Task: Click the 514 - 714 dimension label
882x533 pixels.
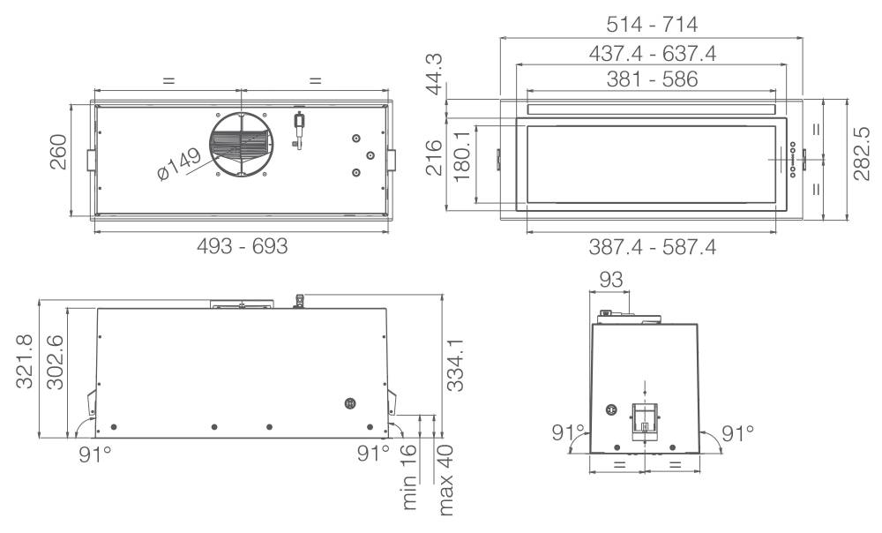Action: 652,24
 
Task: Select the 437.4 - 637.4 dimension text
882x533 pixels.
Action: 652,54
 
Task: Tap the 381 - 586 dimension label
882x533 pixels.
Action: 652,79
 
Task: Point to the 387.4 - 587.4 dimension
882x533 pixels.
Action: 652,246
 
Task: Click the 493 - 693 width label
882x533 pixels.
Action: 243,246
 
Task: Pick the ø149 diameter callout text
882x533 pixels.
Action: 179,164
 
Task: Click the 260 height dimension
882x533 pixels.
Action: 58,152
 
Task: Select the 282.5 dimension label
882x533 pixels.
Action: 861,154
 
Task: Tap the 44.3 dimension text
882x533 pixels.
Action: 434,75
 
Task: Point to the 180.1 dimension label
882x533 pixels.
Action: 461,156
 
